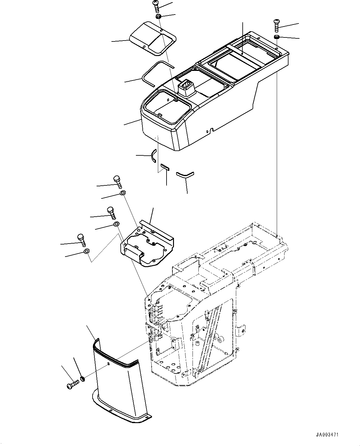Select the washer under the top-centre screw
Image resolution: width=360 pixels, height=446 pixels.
pyautogui.click(x=158, y=16)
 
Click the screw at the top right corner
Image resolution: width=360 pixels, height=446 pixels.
pyautogui.click(x=276, y=25)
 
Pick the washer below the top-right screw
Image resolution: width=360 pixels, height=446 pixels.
pyautogui.click(x=277, y=37)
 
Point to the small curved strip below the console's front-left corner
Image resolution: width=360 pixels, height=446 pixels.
pyautogui.click(x=153, y=155)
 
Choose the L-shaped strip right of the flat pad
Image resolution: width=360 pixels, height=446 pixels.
pyautogui.click(x=184, y=174)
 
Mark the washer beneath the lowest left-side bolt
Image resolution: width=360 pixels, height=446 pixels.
pyautogui.click(x=87, y=251)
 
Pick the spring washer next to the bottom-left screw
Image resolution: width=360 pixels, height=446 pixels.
pyautogui.click(x=82, y=379)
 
